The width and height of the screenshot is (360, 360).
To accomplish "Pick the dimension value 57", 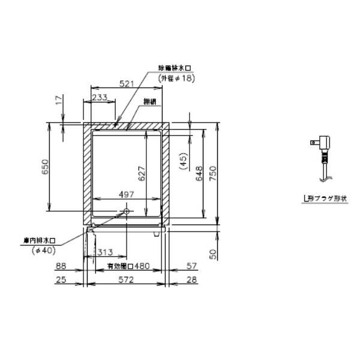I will (191, 266).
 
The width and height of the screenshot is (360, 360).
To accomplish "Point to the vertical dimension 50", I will (213, 254).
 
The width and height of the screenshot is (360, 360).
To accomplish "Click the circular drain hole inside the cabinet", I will (126, 211).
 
